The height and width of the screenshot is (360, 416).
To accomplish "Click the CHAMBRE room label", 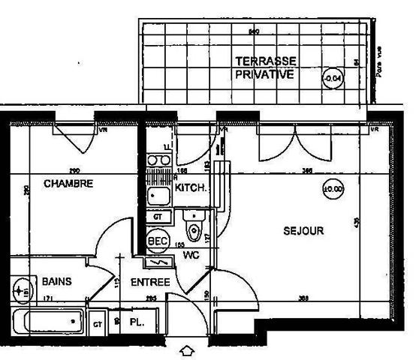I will point(68,183).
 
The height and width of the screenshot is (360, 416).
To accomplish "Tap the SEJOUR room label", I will point(303,231).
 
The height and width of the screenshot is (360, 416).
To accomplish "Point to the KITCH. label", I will point(191,188).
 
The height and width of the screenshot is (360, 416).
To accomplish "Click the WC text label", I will point(190,255).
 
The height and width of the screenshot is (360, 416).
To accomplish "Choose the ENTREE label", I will point(150,282).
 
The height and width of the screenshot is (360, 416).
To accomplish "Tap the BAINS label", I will point(57,282).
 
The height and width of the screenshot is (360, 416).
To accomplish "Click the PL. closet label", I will point(137,322).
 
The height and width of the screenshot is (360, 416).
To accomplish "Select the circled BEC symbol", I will point(156,241).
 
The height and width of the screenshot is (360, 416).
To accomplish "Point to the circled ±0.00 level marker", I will point(333,189).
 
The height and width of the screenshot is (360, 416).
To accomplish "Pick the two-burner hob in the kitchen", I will point(158,159).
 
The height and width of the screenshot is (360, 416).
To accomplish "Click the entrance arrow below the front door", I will point(187,350).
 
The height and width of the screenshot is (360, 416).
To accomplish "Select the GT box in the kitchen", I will point(158,216).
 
